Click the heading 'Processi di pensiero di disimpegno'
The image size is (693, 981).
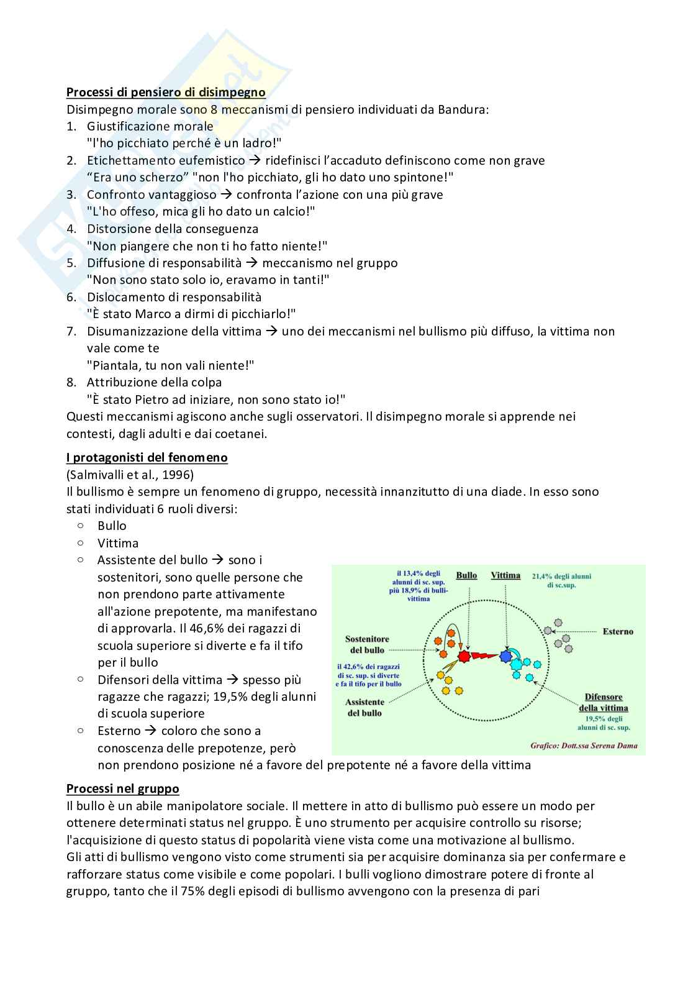166,93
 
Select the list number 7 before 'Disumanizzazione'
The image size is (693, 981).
71,331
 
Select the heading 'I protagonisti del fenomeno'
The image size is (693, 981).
147,458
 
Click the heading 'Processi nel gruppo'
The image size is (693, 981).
122,789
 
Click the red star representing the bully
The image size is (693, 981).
463,656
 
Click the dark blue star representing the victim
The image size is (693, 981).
505,655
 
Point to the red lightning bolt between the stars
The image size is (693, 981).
484,655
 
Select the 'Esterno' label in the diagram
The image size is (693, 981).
617,632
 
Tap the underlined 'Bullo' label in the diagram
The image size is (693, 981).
466,575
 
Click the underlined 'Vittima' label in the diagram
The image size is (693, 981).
505,575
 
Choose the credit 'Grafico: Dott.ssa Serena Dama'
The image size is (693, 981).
583,746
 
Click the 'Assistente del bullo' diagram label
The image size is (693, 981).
365,708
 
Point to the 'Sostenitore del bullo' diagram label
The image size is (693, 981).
367,644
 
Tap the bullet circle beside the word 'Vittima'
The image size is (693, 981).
81,542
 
